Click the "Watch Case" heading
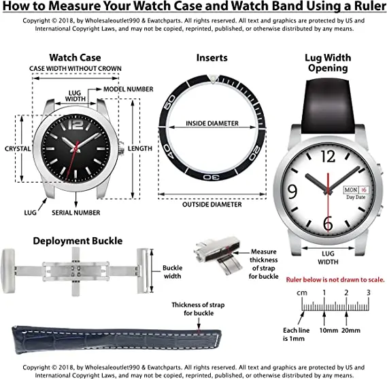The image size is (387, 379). click(x=75, y=57)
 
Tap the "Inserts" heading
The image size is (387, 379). click(x=212, y=58)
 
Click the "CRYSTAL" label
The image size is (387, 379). click(x=16, y=148)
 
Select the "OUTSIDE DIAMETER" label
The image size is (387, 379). click(x=212, y=204)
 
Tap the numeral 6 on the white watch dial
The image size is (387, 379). click(x=328, y=223)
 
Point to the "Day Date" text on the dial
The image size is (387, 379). click(x=356, y=198)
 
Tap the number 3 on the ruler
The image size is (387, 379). click(x=369, y=292)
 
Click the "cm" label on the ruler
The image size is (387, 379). click(x=301, y=293)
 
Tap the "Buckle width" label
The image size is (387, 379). click(x=172, y=273)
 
